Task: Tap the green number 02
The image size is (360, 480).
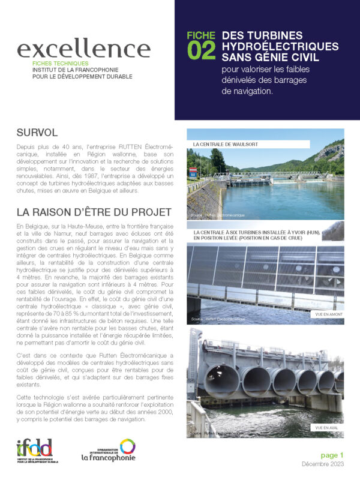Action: pyautogui.click(x=201, y=52)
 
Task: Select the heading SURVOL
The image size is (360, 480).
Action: pyautogui.click(x=37, y=132)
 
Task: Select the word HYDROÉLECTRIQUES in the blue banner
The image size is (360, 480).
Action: pyautogui.click(x=280, y=46)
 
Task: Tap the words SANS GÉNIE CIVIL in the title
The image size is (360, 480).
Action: pyautogui.click(x=269, y=57)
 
